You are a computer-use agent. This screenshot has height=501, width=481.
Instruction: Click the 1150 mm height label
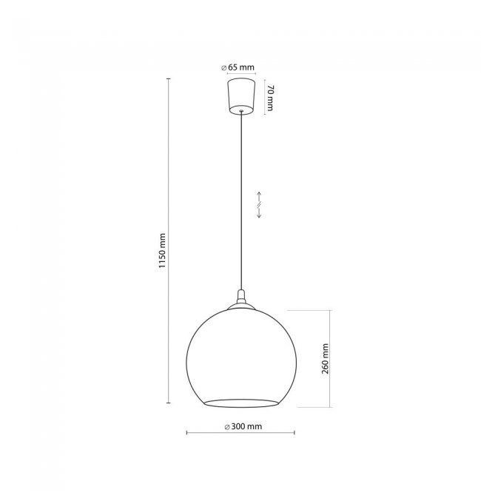[x=163, y=251]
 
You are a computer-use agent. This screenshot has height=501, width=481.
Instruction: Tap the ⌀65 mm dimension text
[x=238, y=67]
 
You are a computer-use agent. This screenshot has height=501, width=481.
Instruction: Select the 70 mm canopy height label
[x=270, y=98]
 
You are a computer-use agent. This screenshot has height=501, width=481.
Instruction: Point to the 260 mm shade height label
[x=325, y=358]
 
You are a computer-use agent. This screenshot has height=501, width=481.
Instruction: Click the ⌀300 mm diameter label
[x=243, y=426]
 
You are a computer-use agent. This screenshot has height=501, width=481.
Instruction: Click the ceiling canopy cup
[x=242, y=96]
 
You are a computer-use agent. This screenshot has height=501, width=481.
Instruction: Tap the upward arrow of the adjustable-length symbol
[x=259, y=197]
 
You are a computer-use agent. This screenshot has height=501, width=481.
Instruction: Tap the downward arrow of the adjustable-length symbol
[x=259, y=212]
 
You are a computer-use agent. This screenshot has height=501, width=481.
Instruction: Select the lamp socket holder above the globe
[x=242, y=297]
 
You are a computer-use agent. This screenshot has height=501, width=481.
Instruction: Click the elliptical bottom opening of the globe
[x=241, y=403]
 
